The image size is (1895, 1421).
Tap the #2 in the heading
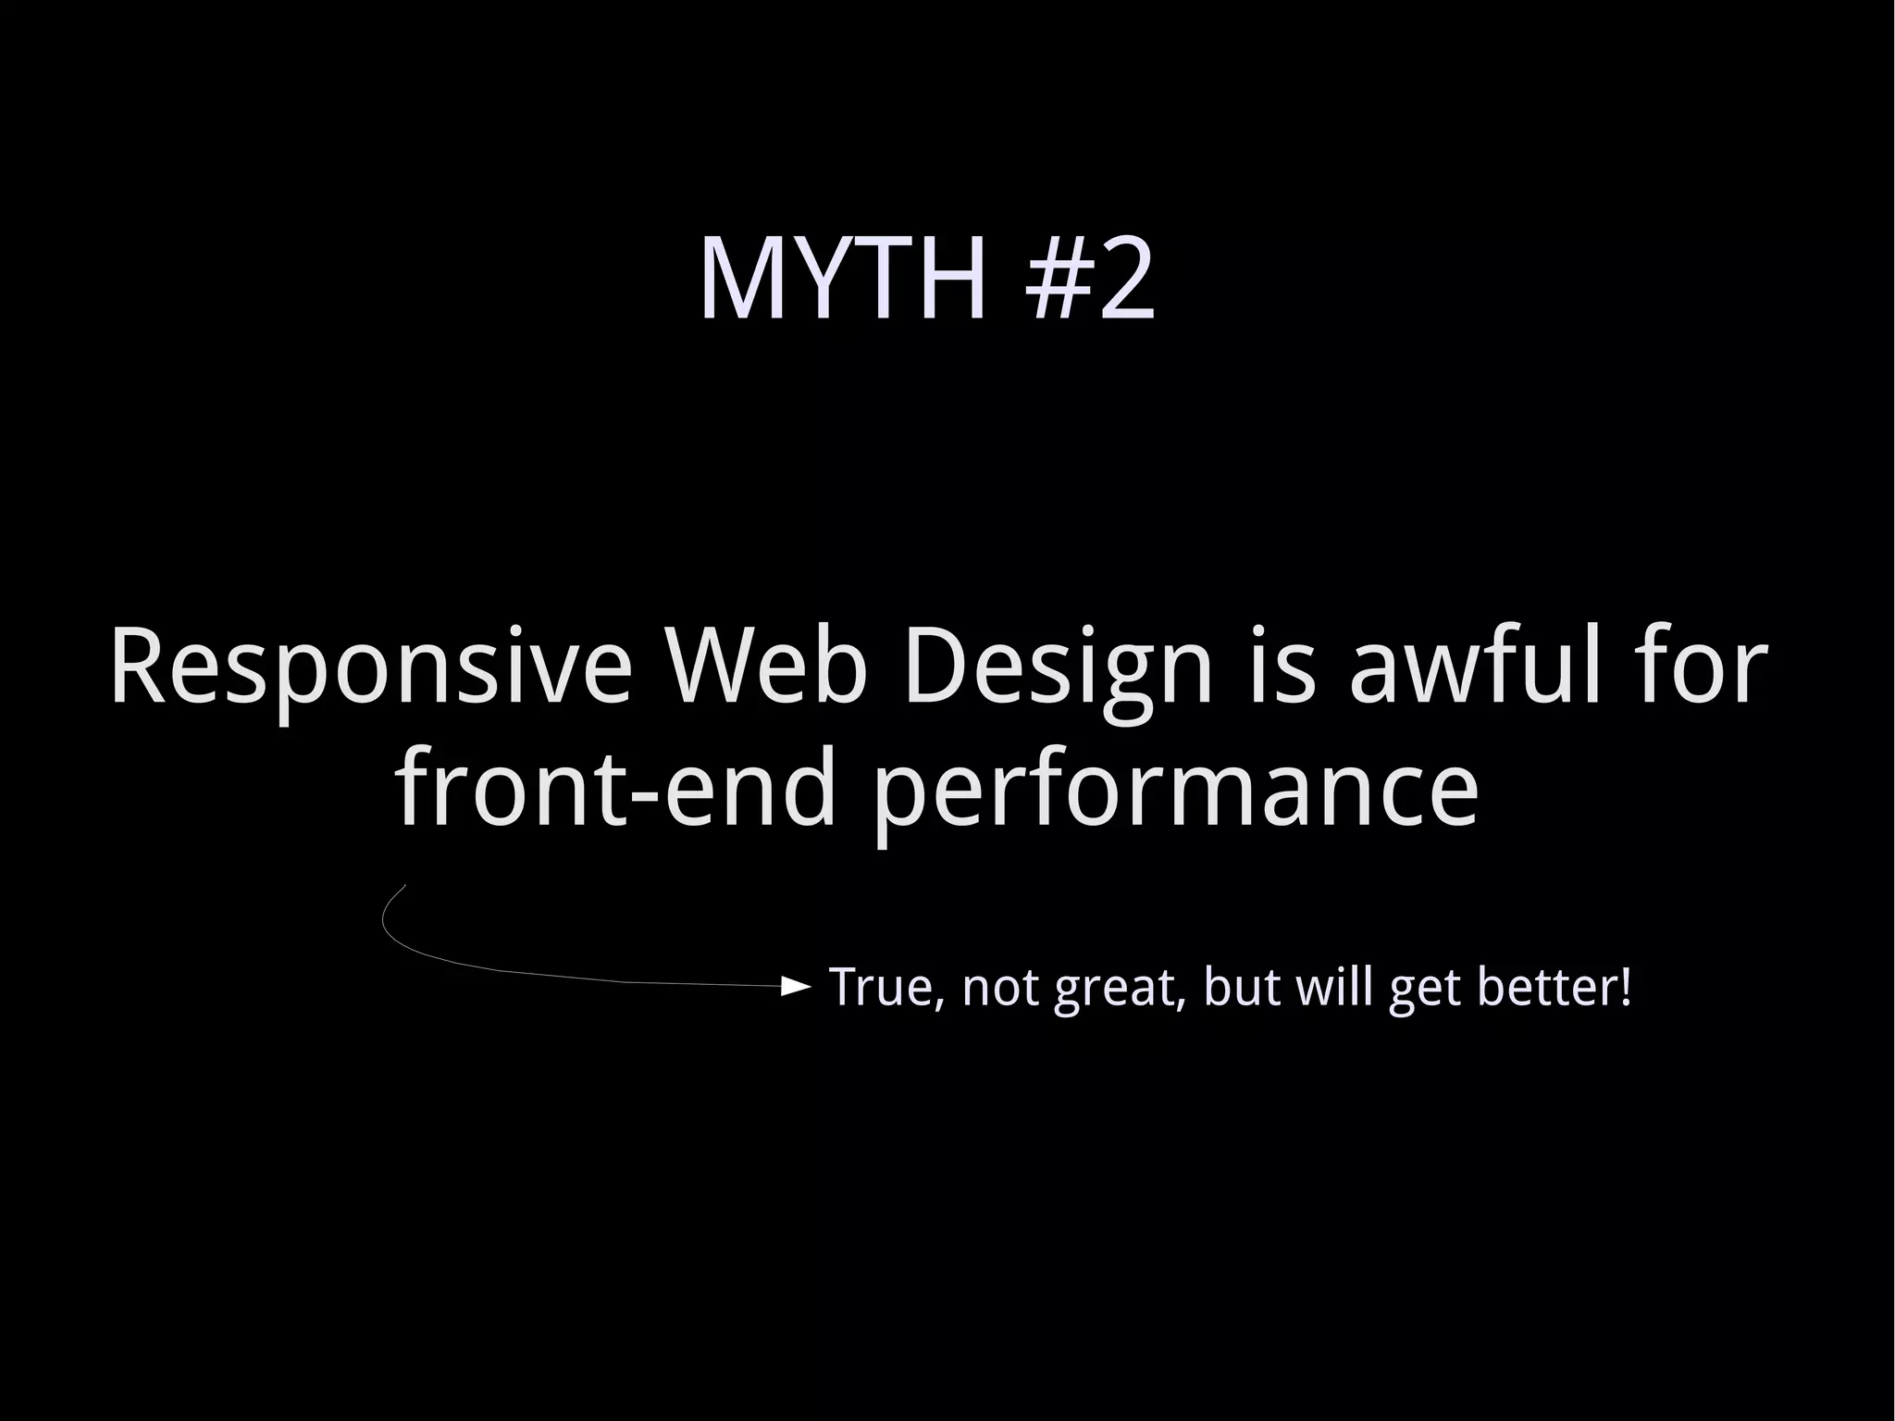(1091, 280)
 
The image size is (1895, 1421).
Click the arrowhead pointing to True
(796, 987)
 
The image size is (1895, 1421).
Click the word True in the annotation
(887, 987)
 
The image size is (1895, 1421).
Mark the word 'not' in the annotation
(1002, 987)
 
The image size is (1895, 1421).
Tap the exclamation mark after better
(1624, 987)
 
